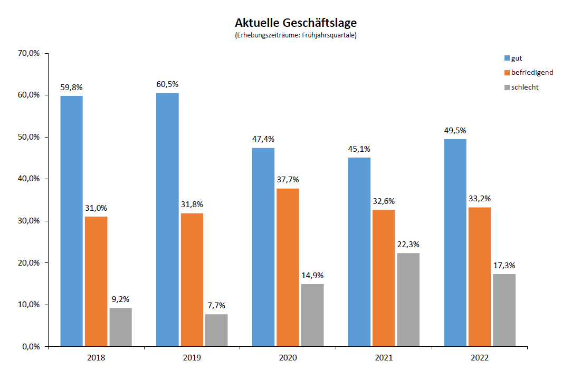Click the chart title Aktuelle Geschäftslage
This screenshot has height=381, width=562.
(296, 23)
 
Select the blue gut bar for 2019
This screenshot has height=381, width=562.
(167, 219)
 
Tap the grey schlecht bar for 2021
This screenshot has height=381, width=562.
(408, 299)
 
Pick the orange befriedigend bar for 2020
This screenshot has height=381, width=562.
(288, 267)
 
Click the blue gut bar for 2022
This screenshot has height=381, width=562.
(455, 242)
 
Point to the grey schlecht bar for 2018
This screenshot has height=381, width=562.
(120, 327)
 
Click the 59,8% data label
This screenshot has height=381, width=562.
(71, 87)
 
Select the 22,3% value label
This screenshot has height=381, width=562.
(408, 245)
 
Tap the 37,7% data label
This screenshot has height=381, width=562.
(288, 180)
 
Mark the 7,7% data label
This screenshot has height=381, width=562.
(216, 306)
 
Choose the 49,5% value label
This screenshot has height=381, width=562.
(455, 130)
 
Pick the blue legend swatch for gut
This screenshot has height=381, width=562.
(507, 58)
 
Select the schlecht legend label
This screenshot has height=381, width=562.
(525, 87)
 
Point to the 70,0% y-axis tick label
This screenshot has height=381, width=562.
(28, 53)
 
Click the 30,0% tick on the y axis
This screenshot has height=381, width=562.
(28, 221)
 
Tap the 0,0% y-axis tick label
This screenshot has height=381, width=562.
(31, 347)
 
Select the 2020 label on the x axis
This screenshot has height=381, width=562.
(288, 358)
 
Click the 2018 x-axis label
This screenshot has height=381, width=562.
(96, 358)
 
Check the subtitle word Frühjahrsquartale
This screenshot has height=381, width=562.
(329, 36)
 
